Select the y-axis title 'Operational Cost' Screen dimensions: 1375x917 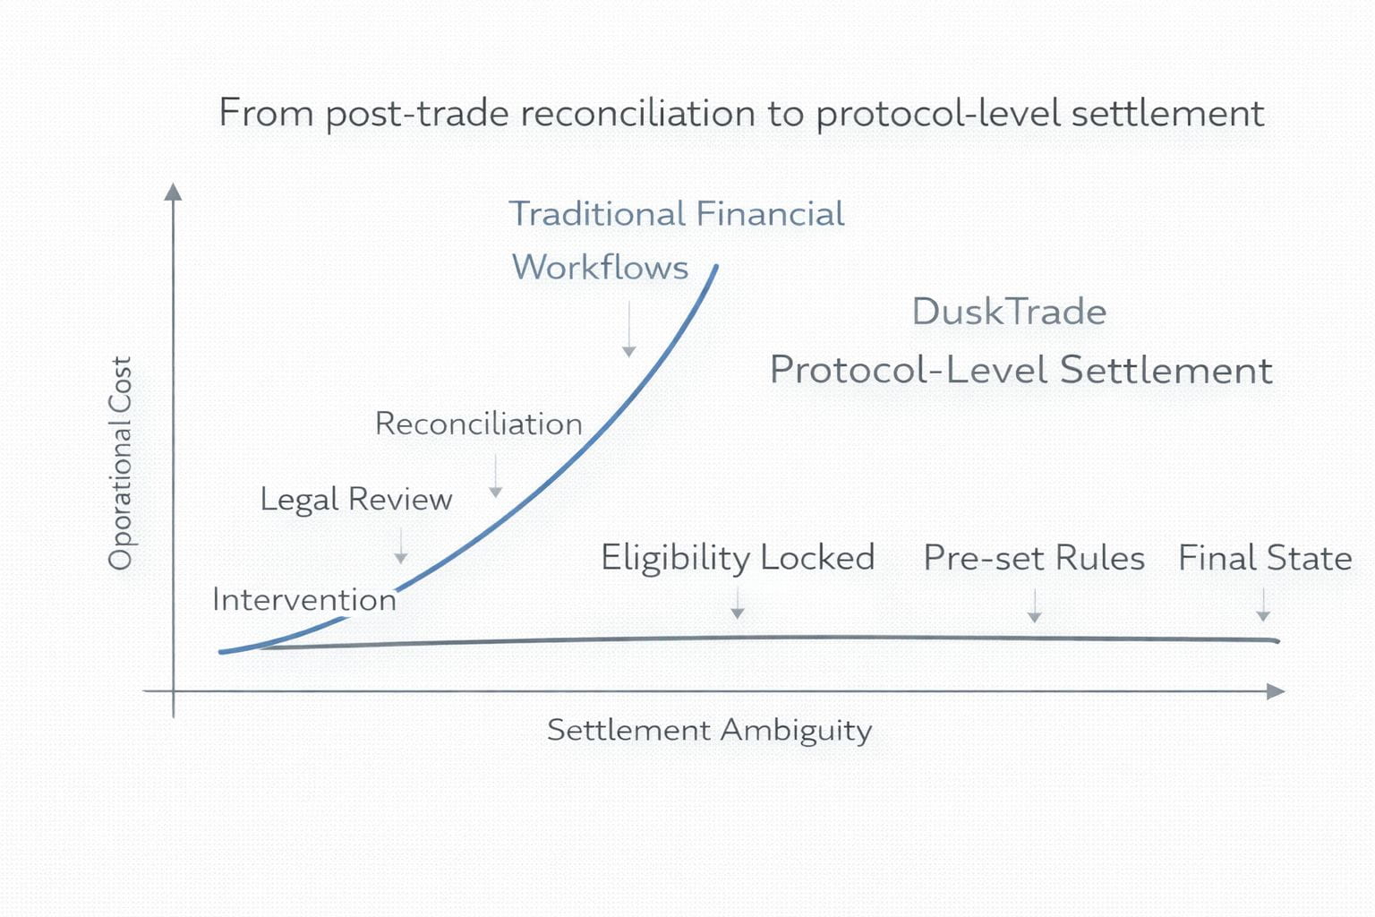[120, 463]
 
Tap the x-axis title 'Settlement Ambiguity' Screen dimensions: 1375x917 [709, 731]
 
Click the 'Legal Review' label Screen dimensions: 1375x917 [355, 500]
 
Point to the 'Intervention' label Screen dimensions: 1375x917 [303, 599]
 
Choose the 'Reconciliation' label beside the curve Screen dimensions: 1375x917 [478, 424]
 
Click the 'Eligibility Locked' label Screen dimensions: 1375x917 [738, 558]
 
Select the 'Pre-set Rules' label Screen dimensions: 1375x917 [1034, 558]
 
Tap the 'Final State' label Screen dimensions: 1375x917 [1264, 558]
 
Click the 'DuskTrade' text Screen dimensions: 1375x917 [1009, 312]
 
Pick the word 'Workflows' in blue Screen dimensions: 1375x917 [600, 267]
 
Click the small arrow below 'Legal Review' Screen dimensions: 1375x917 [401, 546]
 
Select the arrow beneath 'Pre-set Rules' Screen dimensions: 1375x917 [1035, 606]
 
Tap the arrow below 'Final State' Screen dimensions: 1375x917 [1263, 605]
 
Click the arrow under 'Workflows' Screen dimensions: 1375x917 [629, 330]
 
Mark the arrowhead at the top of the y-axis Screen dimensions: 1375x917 [174, 192]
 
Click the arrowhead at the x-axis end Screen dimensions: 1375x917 [1277, 691]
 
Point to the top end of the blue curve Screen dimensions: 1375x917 [716, 266]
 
